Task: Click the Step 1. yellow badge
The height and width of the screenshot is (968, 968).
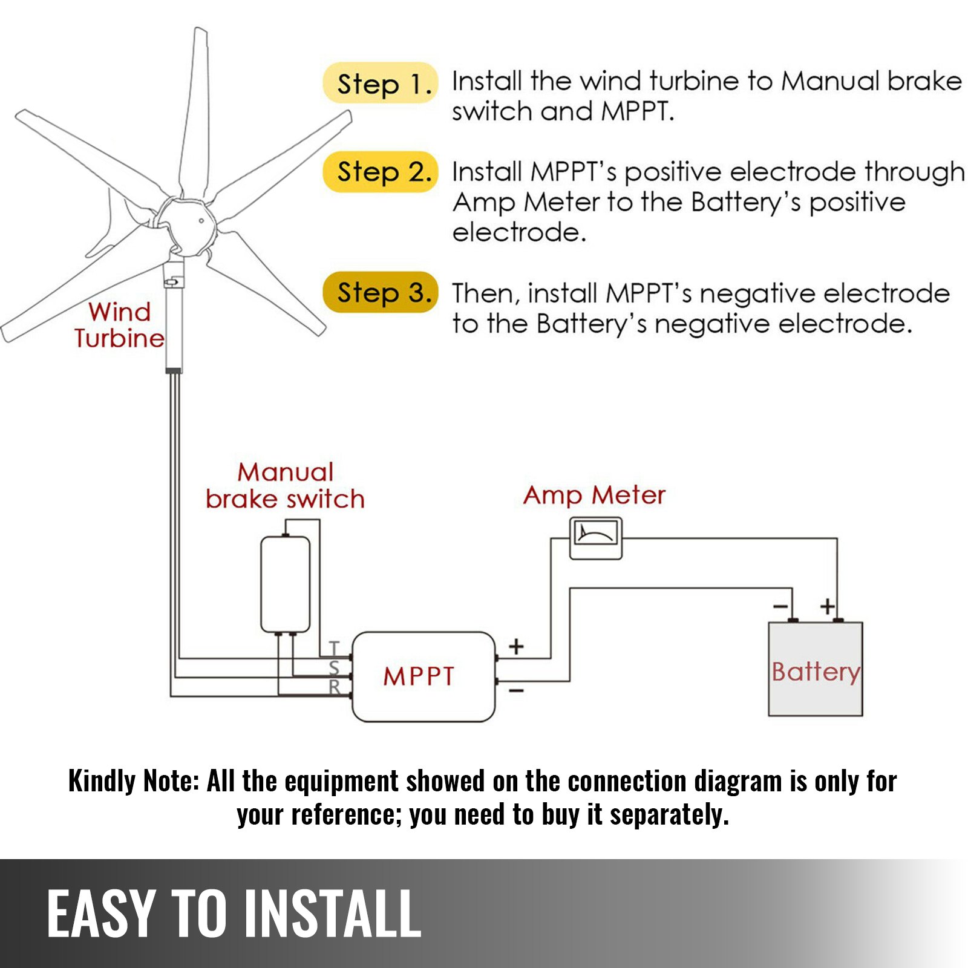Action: (379, 83)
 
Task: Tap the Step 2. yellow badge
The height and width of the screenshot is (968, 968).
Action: (379, 172)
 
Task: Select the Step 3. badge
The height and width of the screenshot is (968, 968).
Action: (379, 293)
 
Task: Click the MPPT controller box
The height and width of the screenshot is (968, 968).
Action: (423, 676)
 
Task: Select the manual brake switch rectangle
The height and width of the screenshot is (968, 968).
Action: (285, 584)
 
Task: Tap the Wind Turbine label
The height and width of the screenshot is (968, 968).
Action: (119, 325)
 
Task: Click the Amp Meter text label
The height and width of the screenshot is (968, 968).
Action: (594, 495)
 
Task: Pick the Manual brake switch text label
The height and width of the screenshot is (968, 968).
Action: (285, 486)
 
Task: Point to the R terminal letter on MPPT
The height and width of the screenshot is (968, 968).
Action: (335, 687)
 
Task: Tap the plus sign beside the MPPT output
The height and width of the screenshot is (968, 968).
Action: (516, 646)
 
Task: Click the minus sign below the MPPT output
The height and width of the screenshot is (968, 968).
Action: (516, 690)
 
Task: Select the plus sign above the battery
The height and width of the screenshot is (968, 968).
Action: (827, 606)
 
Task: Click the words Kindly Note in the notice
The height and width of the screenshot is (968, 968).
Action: (133, 781)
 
